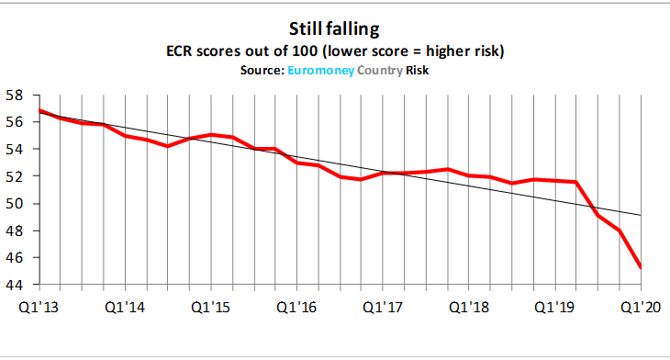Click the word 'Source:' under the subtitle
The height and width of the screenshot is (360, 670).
coord(260,68)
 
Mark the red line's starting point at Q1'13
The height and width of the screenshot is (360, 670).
coord(39,110)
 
